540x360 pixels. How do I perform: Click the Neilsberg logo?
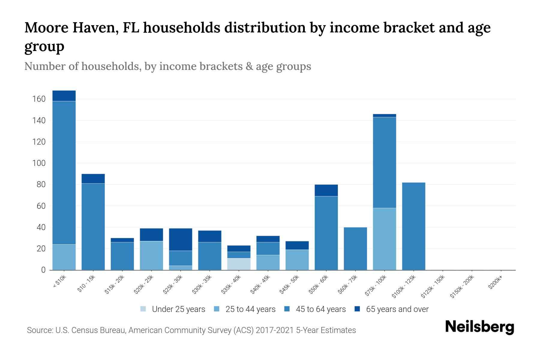click(x=479, y=327)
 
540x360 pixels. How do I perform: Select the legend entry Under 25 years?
click(x=178, y=309)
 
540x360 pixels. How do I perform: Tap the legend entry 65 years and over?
click(x=397, y=309)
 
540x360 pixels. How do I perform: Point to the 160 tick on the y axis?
click(x=39, y=99)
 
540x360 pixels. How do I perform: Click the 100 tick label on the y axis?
click(x=39, y=163)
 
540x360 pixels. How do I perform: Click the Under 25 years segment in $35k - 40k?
click(x=239, y=264)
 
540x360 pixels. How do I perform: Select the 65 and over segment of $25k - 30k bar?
click(x=181, y=239)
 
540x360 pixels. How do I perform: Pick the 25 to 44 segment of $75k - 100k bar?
click(x=384, y=239)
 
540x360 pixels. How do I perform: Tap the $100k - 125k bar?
click(x=413, y=226)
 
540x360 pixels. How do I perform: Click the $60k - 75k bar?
click(x=355, y=249)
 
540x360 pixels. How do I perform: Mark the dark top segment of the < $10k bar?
click(x=64, y=96)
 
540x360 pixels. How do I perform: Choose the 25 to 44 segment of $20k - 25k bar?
click(x=151, y=255)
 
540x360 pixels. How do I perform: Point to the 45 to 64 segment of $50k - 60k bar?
click(x=326, y=233)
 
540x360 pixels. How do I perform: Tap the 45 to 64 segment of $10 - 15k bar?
click(x=93, y=226)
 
